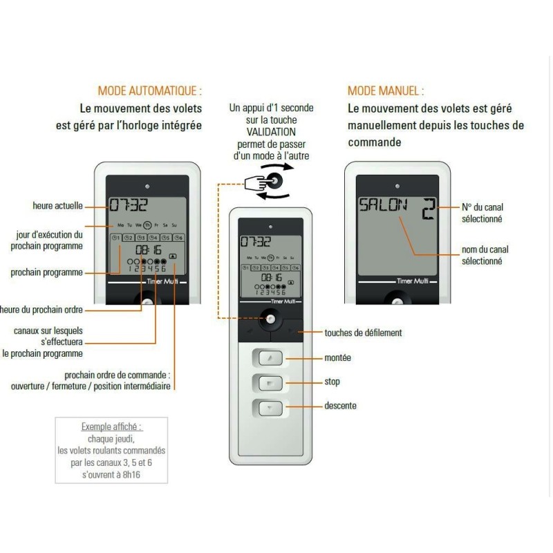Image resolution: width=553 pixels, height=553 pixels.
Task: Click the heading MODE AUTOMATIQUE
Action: coord(150,91)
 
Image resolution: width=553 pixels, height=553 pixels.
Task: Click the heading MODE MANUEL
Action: coord(386,91)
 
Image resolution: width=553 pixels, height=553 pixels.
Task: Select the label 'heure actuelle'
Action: coord(57,205)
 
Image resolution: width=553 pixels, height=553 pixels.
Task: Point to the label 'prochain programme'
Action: coord(47,272)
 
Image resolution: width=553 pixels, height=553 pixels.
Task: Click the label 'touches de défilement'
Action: coord(363,332)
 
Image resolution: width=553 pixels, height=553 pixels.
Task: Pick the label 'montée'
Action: coord(337,358)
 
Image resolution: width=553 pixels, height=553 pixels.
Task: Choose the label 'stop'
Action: coord(332,382)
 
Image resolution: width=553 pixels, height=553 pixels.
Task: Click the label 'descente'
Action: coord(340,406)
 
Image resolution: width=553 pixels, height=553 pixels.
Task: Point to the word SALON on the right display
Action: coord(382,205)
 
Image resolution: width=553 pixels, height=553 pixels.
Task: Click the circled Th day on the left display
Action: coord(147,225)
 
